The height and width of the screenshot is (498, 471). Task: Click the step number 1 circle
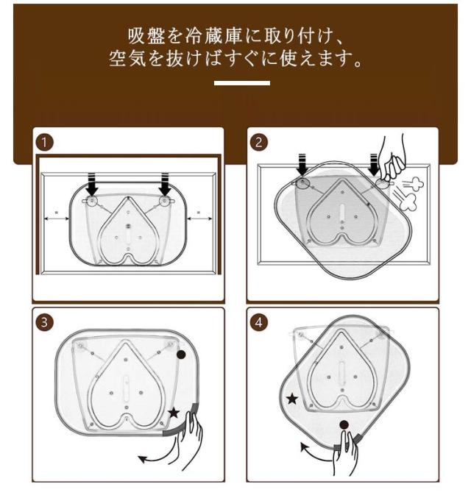pos(44,142)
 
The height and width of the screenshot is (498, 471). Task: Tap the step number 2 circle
pos(259,142)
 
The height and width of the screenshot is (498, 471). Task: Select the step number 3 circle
pos(44,322)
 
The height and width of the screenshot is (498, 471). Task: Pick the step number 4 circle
pos(259,322)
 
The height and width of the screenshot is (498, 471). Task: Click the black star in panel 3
pos(174,413)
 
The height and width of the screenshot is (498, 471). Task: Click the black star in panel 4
pos(292,399)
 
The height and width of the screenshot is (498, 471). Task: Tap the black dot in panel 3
pos(181,355)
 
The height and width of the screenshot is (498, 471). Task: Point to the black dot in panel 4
pos(344,424)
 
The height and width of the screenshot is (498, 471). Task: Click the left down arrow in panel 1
pos(92,185)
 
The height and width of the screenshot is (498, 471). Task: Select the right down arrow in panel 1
pos(165,185)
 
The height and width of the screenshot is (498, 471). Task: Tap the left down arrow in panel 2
pos(302,165)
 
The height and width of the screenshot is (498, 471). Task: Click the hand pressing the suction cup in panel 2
pos(393,157)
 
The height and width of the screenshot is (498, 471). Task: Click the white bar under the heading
pos(242,83)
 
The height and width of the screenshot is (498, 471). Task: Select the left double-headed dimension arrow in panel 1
pos(56,218)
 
